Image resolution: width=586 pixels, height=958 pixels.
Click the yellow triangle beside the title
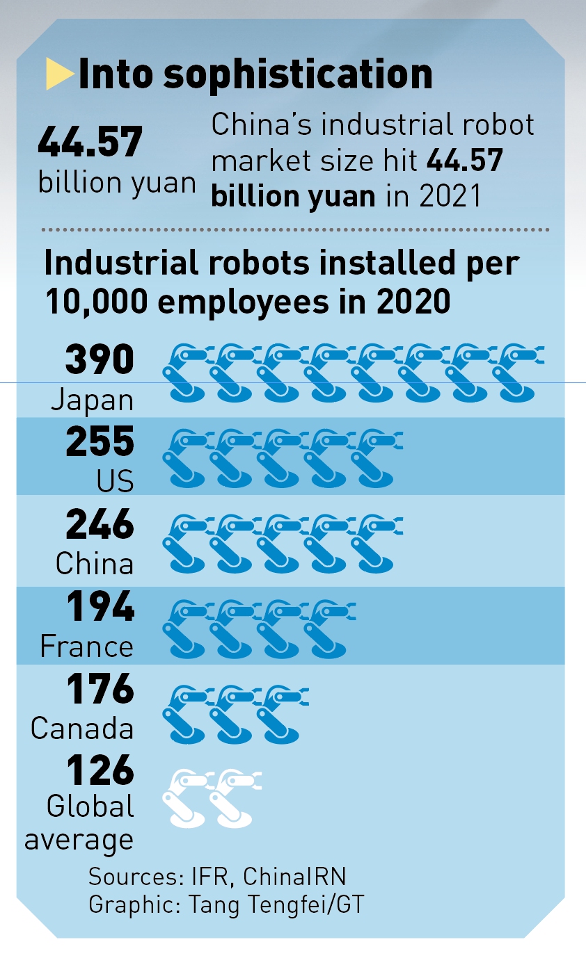pos(59,74)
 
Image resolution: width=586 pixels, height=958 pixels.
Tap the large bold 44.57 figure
pos(90,143)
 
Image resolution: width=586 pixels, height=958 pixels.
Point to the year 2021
pos(450,195)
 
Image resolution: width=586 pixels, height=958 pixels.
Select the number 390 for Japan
pos(100,360)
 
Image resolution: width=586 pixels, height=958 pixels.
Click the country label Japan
pos(92,400)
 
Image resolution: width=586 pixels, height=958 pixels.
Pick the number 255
pos(100,442)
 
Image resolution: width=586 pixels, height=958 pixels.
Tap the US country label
pos(115,481)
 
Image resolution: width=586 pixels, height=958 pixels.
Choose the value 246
pos(100,524)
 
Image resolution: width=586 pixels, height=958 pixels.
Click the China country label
pos(95,564)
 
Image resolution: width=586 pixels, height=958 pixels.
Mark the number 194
pos(100,607)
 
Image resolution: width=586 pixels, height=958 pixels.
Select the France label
pos(87,647)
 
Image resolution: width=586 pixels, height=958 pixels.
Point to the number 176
pos(100,689)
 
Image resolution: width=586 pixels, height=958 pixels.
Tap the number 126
pos(100,770)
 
